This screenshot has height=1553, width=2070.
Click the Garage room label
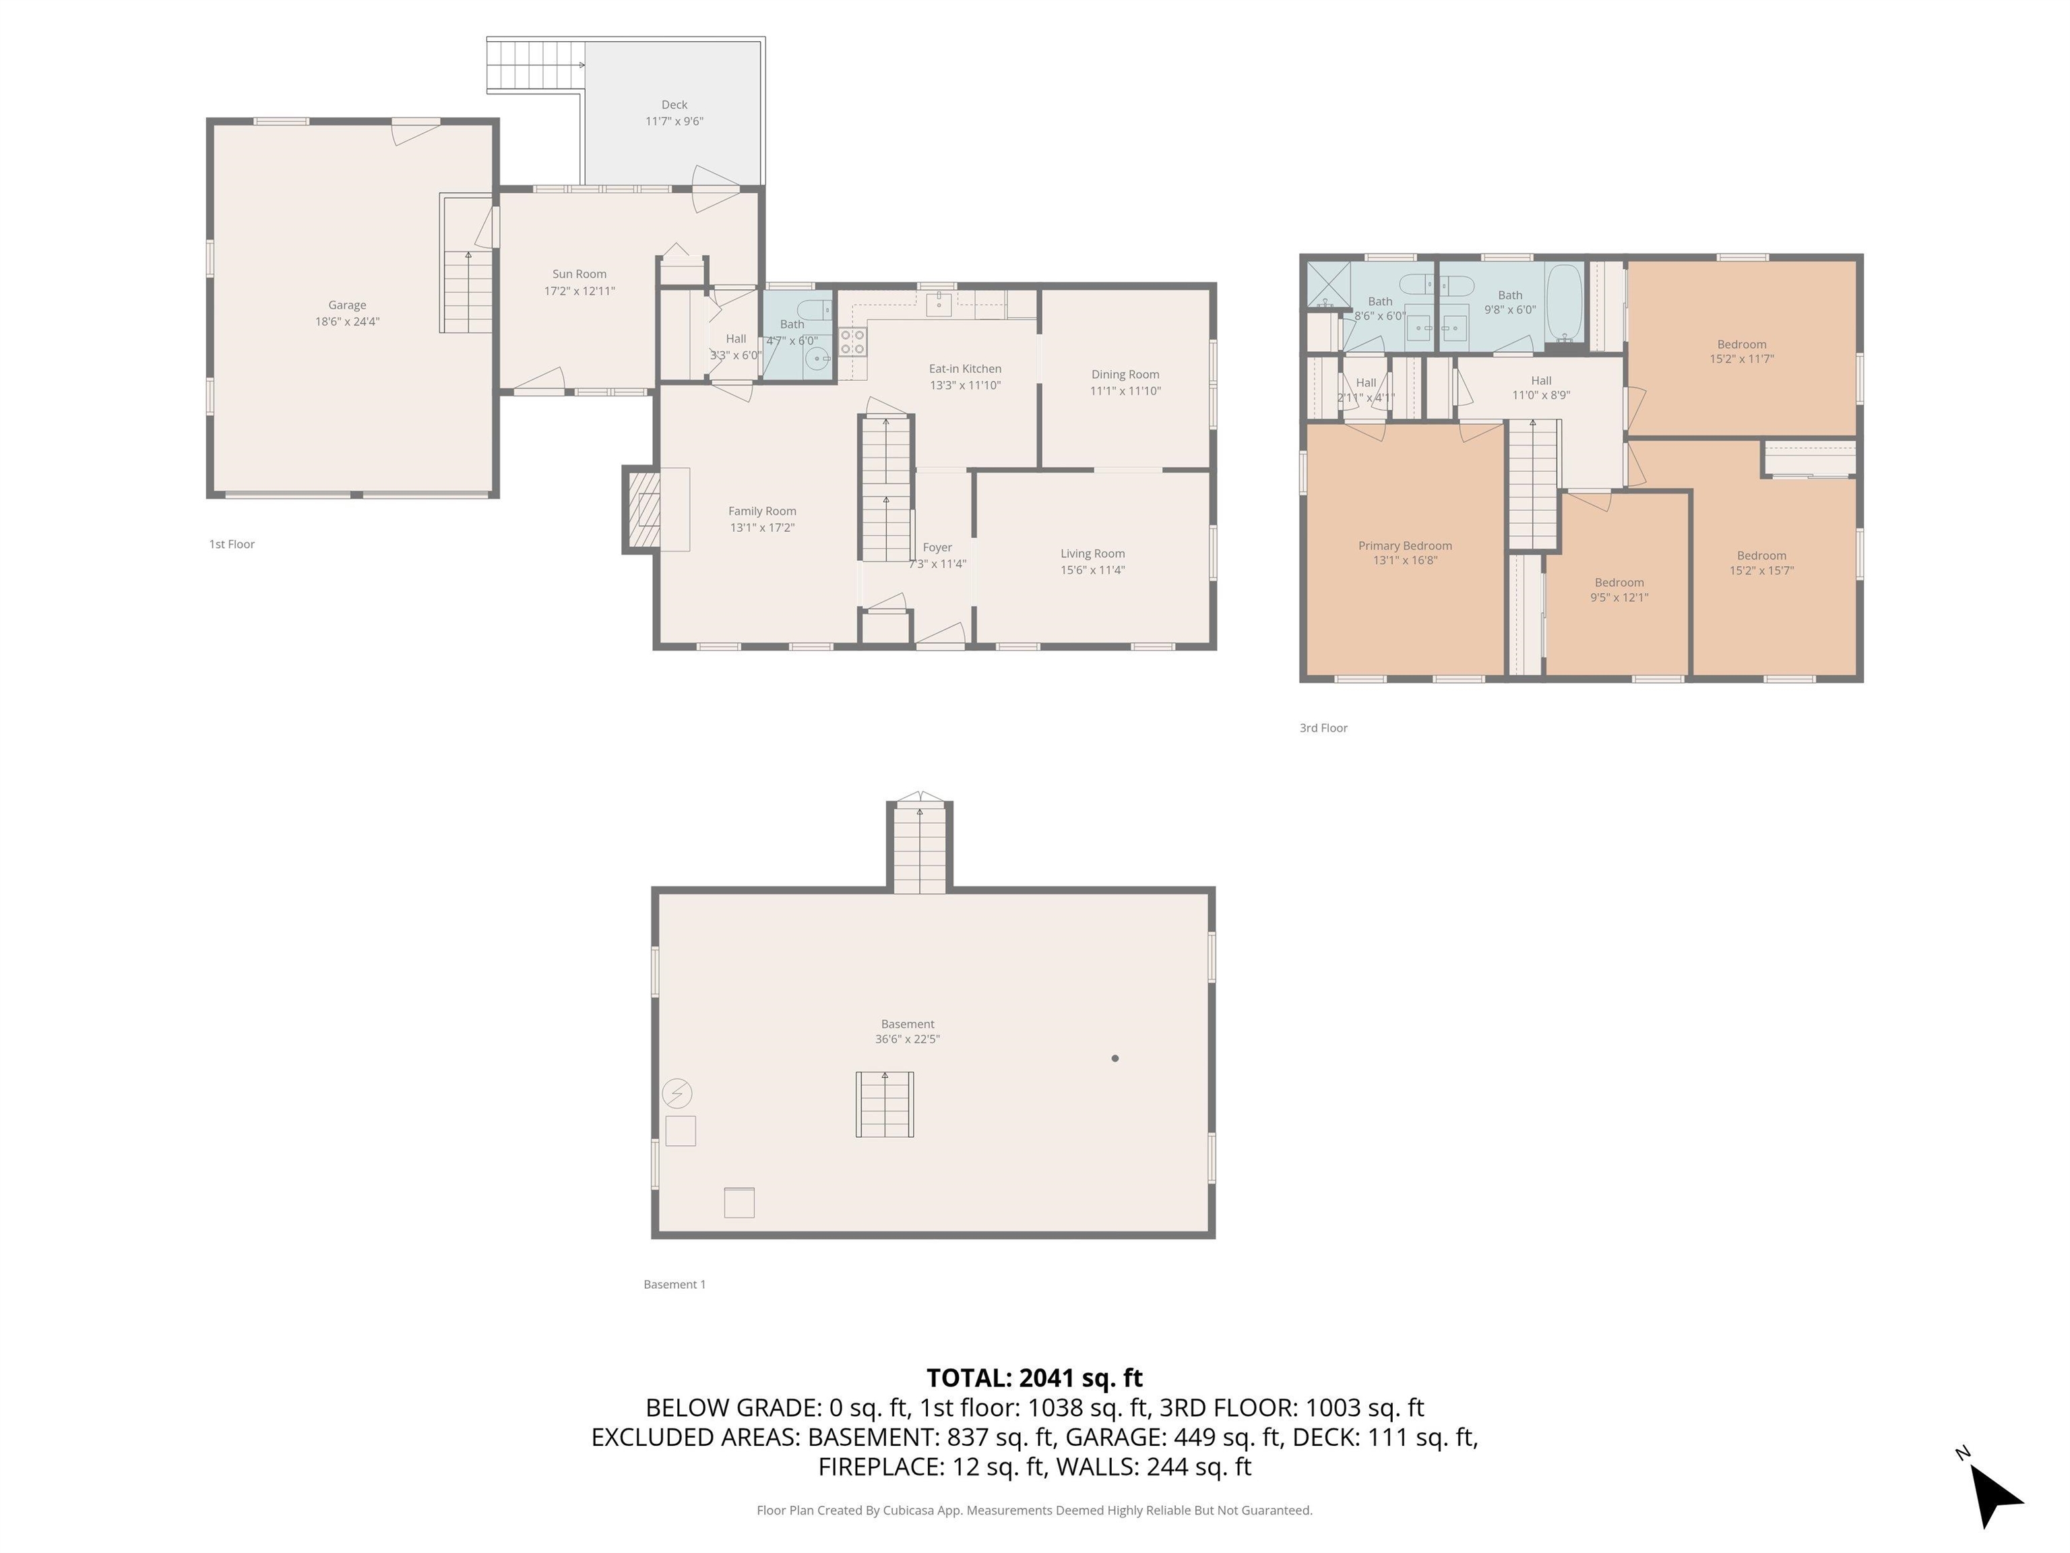(346, 305)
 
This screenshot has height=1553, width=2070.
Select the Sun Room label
(579, 274)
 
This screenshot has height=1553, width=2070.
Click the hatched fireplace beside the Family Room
(643, 510)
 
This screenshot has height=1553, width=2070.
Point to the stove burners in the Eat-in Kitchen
(852, 341)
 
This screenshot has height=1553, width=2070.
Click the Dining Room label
(1125, 375)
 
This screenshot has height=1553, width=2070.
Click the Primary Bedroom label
(1405, 546)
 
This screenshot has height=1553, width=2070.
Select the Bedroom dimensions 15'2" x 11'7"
(1742, 359)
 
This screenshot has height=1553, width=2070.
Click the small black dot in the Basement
(1115, 1059)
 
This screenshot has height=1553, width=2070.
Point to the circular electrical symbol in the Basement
(677, 1093)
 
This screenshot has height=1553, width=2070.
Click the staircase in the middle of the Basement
(884, 1105)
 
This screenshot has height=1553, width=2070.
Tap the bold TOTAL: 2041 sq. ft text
(1034, 1378)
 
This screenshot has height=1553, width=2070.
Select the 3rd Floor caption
(1323, 728)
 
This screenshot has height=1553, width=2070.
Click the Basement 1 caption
(674, 1284)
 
